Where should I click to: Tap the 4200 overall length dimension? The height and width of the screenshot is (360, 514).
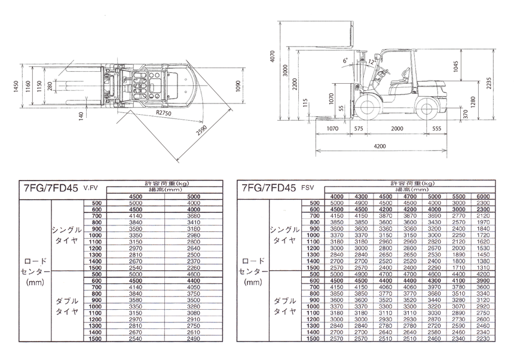pyautogui.click(x=381, y=145)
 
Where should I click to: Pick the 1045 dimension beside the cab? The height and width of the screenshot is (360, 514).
pyautogui.click(x=456, y=68)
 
